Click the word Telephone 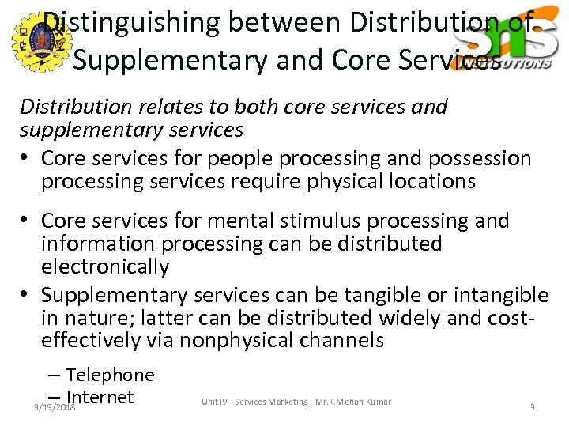110,375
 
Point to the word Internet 100,397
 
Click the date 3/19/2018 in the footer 54,407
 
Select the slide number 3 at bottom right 532,407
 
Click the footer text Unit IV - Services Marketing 253,402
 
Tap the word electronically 105,267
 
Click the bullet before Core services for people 28,159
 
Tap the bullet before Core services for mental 28,221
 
